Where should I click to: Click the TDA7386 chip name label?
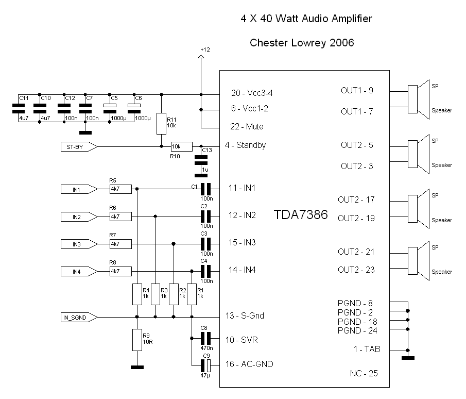pos(301,215)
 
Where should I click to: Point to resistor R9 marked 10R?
pos(136,340)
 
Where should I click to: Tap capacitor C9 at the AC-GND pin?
pos(206,365)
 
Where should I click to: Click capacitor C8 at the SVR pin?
pos(206,339)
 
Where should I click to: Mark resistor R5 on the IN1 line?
pos(120,189)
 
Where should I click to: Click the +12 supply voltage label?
pos(205,49)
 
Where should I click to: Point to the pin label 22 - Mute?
pos(248,126)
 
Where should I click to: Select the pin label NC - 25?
pos(364,373)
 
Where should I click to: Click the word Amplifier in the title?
pos(346,19)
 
